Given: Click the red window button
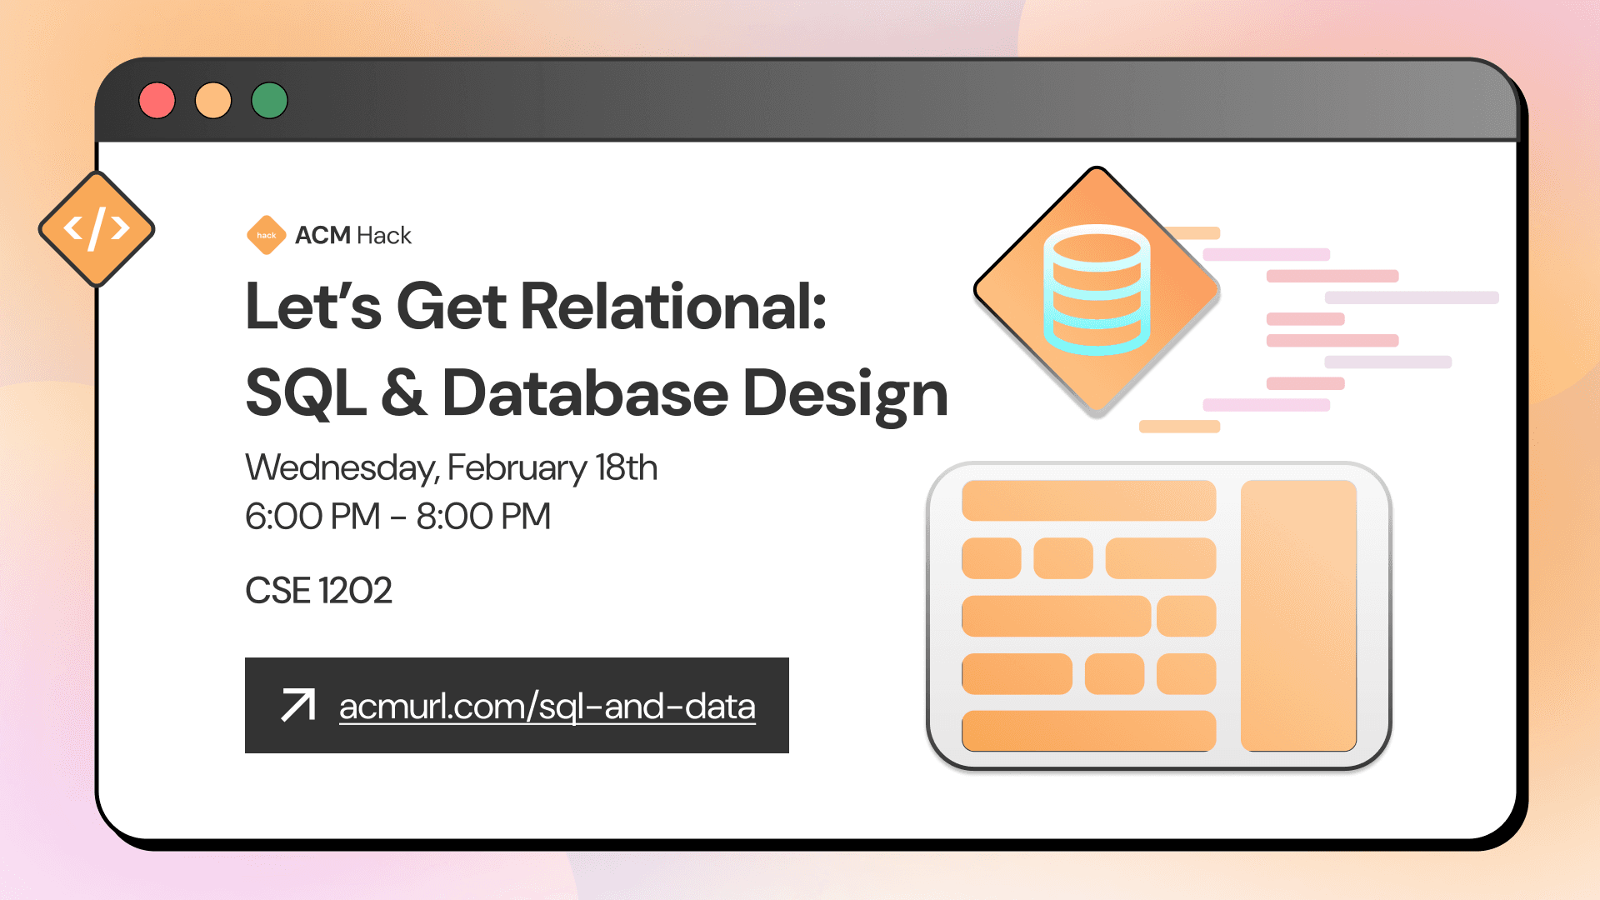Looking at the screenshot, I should [x=157, y=101].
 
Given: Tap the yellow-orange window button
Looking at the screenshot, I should [x=213, y=101].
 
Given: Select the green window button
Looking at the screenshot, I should [x=269, y=101].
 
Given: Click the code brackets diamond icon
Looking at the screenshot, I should [x=97, y=228].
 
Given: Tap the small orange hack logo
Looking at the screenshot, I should [x=266, y=235].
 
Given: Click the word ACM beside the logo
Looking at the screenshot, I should [x=322, y=236].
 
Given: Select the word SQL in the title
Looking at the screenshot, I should [x=306, y=393].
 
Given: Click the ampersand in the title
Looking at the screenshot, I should [x=404, y=393].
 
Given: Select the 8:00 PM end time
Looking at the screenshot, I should [x=483, y=517].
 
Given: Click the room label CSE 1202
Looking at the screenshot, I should [x=318, y=591].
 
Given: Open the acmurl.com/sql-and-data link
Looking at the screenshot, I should [x=547, y=707].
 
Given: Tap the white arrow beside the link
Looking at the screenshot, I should [x=298, y=705].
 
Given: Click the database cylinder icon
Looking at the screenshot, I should [x=1097, y=290].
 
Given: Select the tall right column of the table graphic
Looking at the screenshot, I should [x=1298, y=615].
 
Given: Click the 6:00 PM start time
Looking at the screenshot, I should [x=312, y=517].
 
